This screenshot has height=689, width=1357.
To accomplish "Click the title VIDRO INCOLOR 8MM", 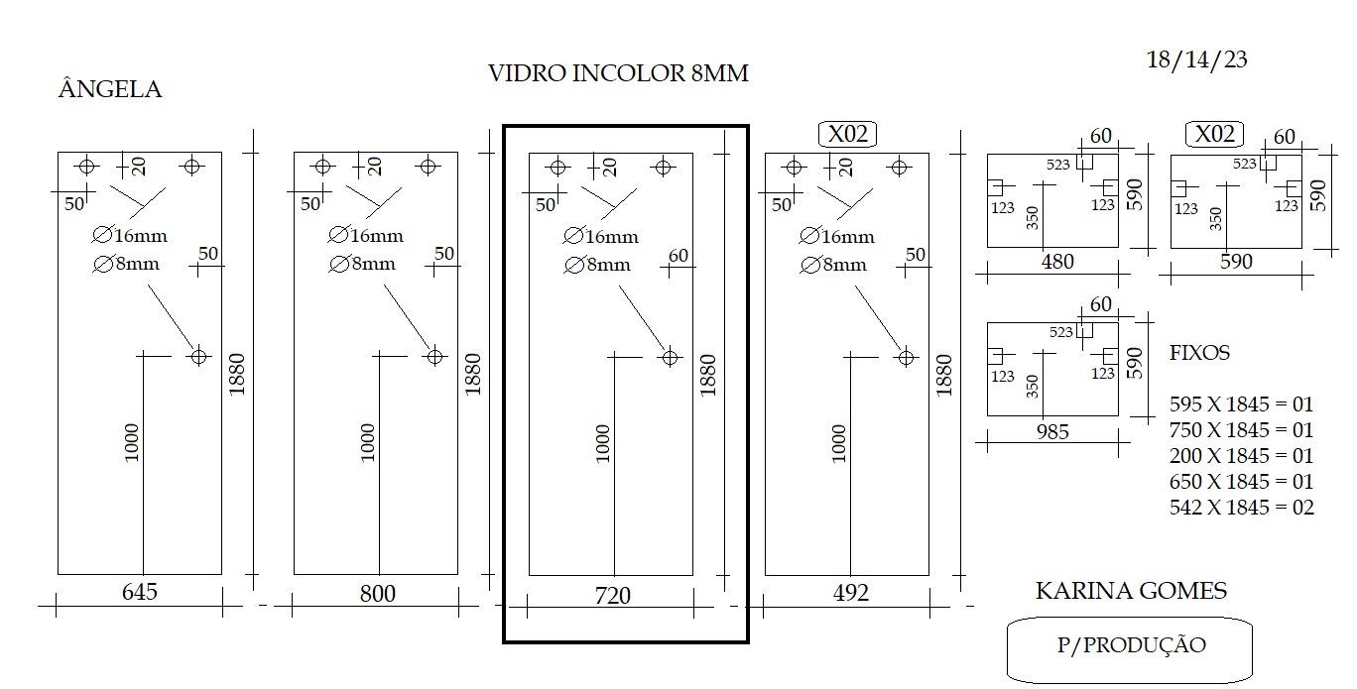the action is coord(618,73).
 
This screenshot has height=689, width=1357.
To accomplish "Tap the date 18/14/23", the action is coord(1196,59).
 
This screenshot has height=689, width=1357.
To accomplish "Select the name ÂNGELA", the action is coord(110,89).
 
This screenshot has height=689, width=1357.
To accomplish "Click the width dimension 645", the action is coord(139,592).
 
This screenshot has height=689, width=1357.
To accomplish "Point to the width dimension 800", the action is coord(377,594).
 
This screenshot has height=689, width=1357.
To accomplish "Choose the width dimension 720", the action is coord(612,596).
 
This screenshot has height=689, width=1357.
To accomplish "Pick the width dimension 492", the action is coord(850,592).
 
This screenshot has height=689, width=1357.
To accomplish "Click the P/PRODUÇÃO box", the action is coord(1130,649).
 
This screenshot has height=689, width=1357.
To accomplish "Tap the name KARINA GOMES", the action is coord(1131,590).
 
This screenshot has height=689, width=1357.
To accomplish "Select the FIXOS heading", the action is coord(1199,352).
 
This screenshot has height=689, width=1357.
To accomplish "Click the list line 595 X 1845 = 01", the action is coord(1241,403).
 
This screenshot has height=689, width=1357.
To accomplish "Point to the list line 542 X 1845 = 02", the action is coord(1241,507).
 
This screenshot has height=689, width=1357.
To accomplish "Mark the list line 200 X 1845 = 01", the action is coord(1241,455).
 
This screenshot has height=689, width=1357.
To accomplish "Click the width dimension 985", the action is coord(1052,431).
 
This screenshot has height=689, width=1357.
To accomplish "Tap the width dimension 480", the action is coord(1057,262).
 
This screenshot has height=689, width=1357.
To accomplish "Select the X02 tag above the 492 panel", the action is coord(847,134).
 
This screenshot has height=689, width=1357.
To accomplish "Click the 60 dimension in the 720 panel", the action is coord(678,256).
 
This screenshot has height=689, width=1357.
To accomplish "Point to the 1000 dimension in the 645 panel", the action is coord(132,442).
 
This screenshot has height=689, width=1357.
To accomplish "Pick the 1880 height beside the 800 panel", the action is coord(472,375).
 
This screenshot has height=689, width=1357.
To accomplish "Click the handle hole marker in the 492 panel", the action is coord(906,357).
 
